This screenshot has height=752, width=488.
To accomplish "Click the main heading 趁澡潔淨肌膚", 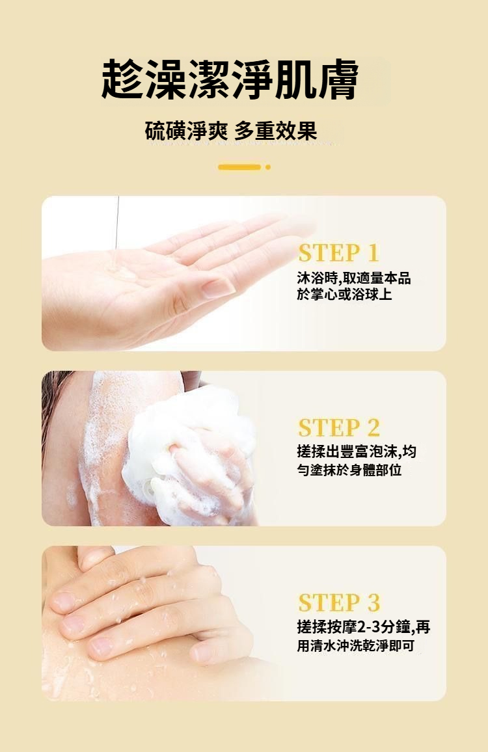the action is [230, 79].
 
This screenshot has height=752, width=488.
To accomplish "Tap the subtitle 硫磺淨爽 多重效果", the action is [231, 131].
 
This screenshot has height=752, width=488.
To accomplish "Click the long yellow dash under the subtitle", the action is [239, 167].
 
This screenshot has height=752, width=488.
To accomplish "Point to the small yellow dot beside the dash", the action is [268, 167].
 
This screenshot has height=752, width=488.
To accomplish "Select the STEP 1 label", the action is [339, 253].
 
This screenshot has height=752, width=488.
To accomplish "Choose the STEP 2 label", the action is [339, 427].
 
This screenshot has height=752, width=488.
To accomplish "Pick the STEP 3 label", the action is [339, 602].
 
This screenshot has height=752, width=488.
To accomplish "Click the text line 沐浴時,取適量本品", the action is [354, 278].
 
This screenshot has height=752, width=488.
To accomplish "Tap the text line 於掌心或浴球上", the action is [344, 294].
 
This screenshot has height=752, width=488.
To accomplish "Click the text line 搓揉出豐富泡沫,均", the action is [357, 451].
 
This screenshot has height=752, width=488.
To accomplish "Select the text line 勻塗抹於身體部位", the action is [349, 470].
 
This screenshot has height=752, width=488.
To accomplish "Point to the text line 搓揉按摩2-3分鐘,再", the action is [363, 627].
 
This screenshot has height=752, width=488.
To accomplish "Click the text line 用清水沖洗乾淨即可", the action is [355, 645].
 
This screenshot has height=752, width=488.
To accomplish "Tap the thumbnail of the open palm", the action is [163, 273].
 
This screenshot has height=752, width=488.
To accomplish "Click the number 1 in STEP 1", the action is [373, 253].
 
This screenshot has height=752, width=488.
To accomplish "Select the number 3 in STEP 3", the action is [373, 602].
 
